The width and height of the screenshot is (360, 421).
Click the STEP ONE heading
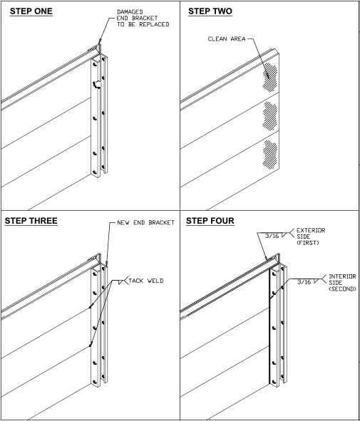tap(31, 11)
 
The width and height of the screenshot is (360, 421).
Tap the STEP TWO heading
tap(210, 11)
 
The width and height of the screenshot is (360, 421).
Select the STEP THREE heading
tap(31, 221)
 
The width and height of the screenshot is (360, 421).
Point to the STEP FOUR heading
tap(210, 221)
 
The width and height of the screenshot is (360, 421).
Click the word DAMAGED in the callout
tap(130, 12)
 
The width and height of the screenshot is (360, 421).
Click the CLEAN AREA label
tap(227, 39)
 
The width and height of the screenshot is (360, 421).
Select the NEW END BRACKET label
tap(146, 222)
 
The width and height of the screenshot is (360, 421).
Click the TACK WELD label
tap(146, 281)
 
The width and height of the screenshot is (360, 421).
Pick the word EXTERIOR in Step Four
tap(311, 230)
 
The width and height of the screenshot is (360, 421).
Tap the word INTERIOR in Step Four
tap(343, 276)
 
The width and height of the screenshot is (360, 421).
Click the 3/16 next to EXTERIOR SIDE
tap(272, 236)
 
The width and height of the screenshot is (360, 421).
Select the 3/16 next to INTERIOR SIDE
tap(304, 282)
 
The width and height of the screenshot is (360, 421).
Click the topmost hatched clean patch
tap(270, 77)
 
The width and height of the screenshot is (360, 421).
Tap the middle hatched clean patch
tap(269, 116)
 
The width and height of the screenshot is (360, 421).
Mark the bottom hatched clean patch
tap(269, 155)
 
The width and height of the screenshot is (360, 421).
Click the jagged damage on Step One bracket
tap(97, 85)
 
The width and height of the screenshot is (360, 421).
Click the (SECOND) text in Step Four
tap(343, 289)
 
